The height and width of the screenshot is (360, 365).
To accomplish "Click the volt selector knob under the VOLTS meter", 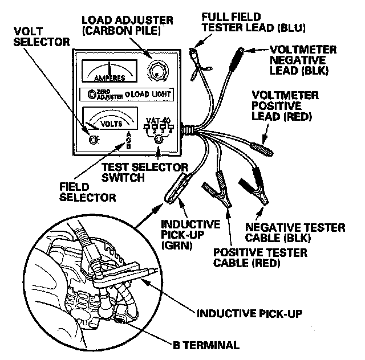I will [x=93, y=140].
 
